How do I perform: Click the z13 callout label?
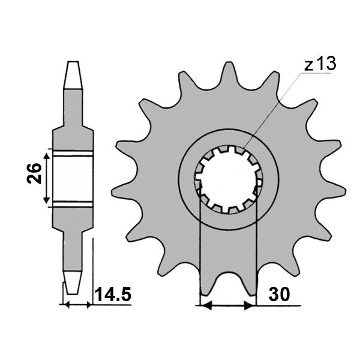pyautogui.click(x=320, y=64)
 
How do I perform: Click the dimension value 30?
pyautogui.click(x=279, y=295)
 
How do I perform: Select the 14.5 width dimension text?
pyautogui.click(x=113, y=294)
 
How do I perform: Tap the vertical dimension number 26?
pyautogui.click(x=34, y=173)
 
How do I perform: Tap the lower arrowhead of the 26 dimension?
pyautogui.click(x=47, y=199)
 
